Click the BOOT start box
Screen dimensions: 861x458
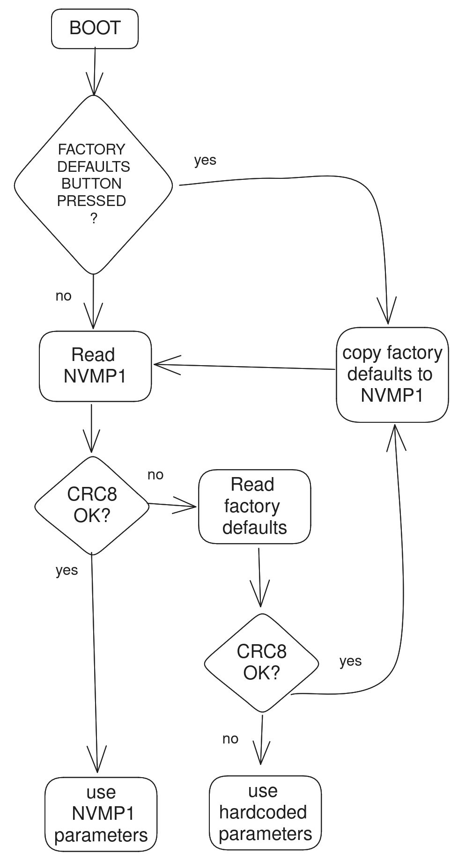[95, 29]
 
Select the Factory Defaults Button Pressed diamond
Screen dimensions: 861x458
[94, 184]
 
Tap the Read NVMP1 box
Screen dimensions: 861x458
[95, 366]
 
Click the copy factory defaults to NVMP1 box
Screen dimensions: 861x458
[392, 374]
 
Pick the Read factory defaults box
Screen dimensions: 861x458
[254, 507]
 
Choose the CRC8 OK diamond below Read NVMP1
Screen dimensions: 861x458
[92, 506]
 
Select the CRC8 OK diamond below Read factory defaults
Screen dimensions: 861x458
[261, 663]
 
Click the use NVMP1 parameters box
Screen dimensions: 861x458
[101, 814]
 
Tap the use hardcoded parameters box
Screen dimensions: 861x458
[265, 813]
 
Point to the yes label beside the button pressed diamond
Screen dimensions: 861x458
[205, 160]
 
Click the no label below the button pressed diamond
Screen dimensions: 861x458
[64, 296]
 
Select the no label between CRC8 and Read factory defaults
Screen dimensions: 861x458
[155, 475]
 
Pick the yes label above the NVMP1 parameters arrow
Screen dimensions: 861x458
[66, 570]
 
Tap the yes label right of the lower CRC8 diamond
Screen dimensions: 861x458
[350, 661]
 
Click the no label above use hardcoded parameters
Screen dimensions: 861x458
[230, 739]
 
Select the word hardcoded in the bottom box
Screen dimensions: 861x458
[263, 812]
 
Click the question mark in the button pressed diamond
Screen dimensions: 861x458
[94, 219]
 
